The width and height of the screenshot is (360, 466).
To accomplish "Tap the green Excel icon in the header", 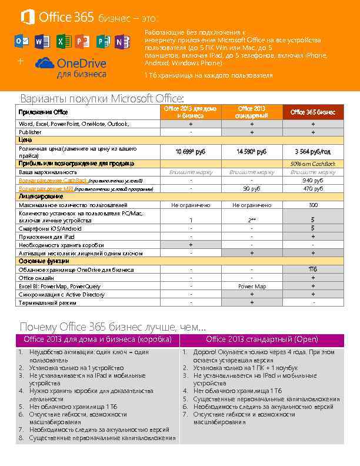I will [x=62, y=42].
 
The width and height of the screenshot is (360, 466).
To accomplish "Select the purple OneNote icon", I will [x=122, y=42].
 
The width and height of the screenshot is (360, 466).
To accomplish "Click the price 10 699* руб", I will [x=191, y=152].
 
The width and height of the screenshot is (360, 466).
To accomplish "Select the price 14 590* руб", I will [x=252, y=152].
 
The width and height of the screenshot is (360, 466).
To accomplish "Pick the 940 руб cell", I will [x=313, y=181].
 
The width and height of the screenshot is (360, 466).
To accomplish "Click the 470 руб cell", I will [x=313, y=189].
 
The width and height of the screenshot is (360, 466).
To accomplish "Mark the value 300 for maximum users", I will [x=313, y=205].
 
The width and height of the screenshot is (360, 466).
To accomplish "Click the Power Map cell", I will [x=252, y=287].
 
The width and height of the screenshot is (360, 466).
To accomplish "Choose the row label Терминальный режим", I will [x=48, y=303].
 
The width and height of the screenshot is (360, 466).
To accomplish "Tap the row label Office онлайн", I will [x=36, y=278].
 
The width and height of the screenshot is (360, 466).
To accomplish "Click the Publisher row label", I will [x=30, y=132].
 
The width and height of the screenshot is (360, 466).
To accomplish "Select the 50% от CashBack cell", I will [x=313, y=164].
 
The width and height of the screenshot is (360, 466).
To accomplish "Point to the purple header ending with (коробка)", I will [x=98, y=339].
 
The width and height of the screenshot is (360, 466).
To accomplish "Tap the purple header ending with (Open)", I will [x=262, y=339].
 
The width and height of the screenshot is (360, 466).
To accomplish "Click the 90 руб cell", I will [x=252, y=189].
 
